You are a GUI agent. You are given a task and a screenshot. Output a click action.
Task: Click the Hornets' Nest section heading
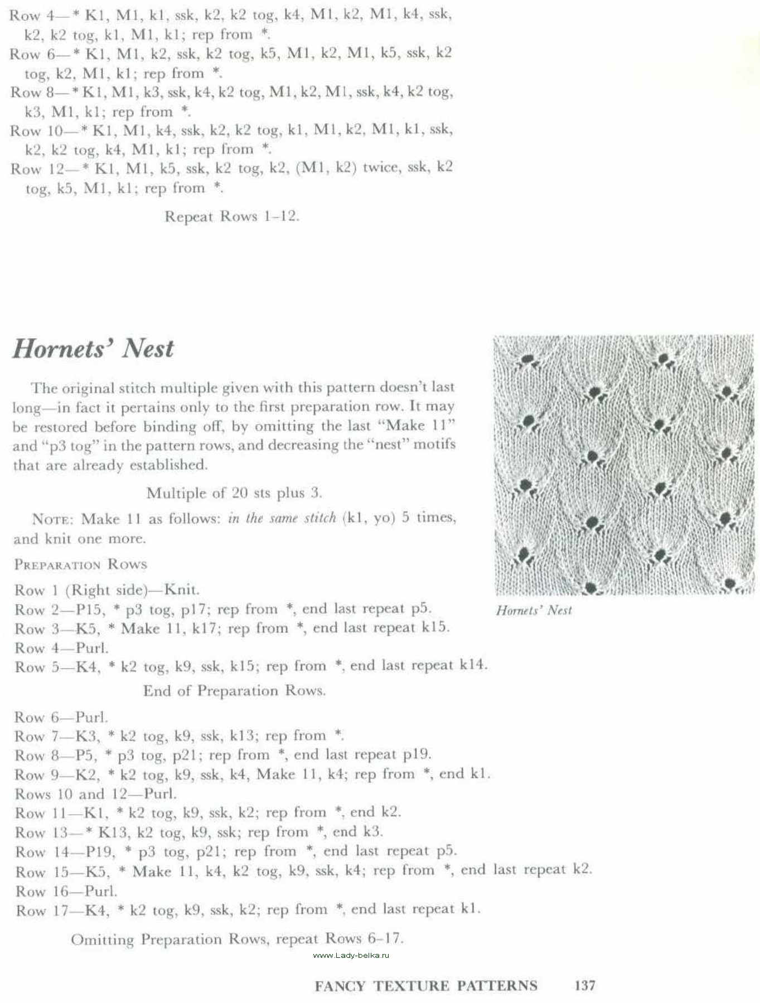coord(93,349)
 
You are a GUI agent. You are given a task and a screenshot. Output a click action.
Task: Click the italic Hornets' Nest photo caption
coord(534,610)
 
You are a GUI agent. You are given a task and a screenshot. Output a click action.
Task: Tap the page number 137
coord(584,985)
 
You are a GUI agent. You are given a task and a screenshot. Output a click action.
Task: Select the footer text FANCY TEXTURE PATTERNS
coord(426,986)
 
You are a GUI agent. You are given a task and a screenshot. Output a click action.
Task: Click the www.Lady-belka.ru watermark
coord(351,955)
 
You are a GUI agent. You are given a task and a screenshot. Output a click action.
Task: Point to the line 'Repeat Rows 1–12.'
coord(232,216)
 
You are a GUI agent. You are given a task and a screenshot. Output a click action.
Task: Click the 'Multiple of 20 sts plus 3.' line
coord(234,493)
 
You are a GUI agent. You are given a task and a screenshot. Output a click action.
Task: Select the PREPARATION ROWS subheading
coord(81,564)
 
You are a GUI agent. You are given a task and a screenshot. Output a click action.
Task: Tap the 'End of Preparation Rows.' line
coord(234,691)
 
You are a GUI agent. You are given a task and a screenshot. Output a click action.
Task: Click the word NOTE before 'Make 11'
coord(52,519)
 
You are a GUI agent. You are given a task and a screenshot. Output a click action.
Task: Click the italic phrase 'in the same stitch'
coord(282,518)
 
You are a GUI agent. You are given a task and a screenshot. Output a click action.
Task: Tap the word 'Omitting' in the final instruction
coord(103,939)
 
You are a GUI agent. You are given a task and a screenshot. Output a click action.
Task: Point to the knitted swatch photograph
coord(624,465)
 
